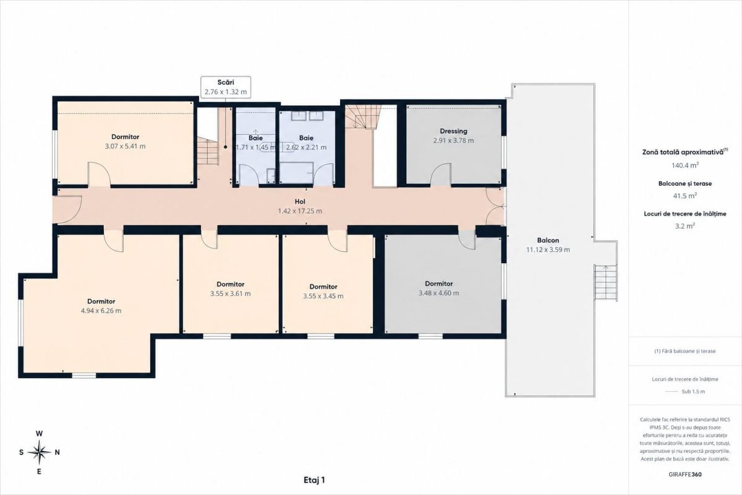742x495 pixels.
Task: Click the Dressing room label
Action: (453, 131)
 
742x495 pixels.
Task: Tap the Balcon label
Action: (548, 240)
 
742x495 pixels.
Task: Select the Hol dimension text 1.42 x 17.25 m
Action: (300, 211)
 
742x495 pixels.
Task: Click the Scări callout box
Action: (226, 87)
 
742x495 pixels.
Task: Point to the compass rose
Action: (39, 452)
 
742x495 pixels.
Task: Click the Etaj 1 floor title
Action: (314, 480)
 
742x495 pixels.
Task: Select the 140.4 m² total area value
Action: (685, 165)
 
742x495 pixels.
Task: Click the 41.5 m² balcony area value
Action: (685, 196)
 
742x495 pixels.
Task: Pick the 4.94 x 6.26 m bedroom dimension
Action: (101, 311)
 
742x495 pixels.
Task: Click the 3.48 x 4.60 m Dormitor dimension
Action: (439, 293)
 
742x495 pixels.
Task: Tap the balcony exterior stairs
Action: (605, 283)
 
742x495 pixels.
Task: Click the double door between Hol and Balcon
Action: (495, 207)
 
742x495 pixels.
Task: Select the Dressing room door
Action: (441, 174)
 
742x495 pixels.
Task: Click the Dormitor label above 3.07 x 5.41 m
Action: (125, 137)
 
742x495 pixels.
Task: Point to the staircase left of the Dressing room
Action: (363, 117)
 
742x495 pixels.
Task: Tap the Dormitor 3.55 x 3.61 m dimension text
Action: (231, 294)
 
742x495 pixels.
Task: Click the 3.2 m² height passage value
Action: (685, 226)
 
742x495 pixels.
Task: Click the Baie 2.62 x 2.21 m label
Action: (306, 142)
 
